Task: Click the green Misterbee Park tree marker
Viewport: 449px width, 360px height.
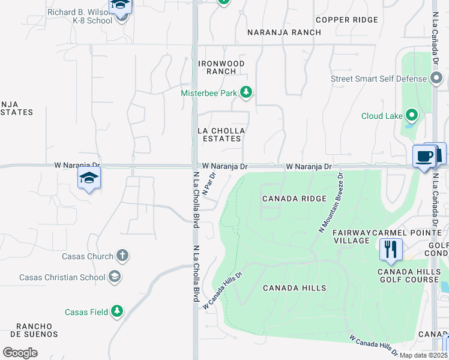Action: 246,92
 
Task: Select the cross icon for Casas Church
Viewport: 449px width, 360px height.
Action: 121,256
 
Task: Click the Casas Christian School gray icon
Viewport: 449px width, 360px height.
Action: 114,277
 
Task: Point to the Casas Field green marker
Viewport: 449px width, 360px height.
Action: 117,311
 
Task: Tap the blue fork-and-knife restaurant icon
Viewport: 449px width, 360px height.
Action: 391,248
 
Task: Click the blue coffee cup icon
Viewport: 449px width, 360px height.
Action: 425,157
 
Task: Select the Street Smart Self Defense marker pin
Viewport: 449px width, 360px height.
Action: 436,79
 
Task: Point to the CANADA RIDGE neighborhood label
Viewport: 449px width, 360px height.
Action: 294,199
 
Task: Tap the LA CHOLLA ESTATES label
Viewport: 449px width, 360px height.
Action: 220,134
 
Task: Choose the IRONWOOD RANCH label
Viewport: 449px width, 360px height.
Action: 221,67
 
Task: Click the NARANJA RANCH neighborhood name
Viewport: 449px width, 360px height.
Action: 286,32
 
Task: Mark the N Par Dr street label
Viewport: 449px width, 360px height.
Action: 209,184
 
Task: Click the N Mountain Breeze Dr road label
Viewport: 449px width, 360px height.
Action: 329,203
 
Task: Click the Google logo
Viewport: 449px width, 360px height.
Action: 20,352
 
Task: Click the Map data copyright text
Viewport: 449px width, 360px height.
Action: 424,355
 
